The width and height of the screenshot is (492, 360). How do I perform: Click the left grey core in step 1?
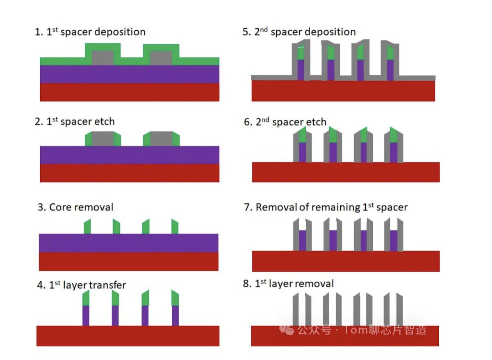click(x=102, y=58)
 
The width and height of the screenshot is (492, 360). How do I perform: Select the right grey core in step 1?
click(x=161, y=58)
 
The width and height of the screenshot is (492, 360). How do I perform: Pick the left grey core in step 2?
click(x=103, y=139)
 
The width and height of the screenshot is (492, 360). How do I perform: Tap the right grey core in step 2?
click(x=162, y=139)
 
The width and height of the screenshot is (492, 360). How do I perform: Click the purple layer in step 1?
click(x=130, y=74)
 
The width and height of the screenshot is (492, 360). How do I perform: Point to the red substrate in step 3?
click(x=129, y=261)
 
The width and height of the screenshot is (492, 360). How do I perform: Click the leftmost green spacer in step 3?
click(x=87, y=226)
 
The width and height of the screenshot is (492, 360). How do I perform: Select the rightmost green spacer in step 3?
click(x=175, y=226)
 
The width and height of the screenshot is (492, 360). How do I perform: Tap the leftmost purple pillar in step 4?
click(x=86, y=316)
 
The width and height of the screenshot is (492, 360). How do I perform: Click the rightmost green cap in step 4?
click(x=175, y=298)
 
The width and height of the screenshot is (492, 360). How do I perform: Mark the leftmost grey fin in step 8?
click(x=296, y=309)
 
